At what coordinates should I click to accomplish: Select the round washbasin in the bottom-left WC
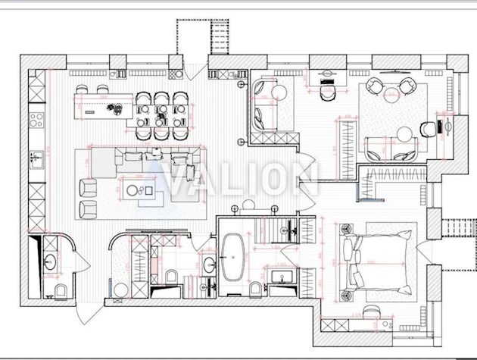pos(51,263)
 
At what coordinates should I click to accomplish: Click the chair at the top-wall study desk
pos(327,92)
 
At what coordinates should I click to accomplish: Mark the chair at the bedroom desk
pos(370,311)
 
